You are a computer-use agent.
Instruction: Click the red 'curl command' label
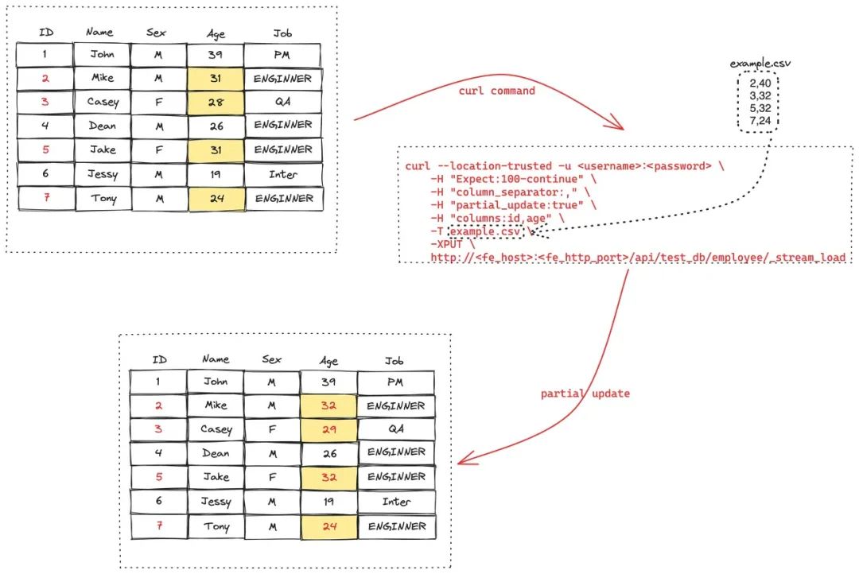[496, 91]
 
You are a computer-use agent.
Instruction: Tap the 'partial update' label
[585, 393]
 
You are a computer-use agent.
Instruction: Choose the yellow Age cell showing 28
[216, 103]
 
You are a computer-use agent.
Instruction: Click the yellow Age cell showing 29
[328, 429]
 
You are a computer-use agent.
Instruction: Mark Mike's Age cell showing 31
[216, 79]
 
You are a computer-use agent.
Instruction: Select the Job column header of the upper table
[282, 33]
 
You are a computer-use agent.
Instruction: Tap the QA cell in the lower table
[396, 429]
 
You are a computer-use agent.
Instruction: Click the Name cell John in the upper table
[103, 55]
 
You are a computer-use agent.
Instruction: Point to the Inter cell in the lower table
[396, 502]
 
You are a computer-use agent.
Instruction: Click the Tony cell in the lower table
[216, 526]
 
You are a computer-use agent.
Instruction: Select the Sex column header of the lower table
[272, 359]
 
